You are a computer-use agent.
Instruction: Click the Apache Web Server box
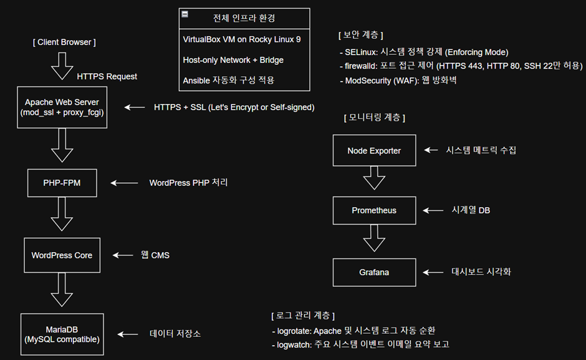tap(62, 107)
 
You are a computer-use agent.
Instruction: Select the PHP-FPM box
tap(62, 183)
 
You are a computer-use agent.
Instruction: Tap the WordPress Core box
tap(62, 255)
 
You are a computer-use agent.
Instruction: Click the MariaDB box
tap(62, 334)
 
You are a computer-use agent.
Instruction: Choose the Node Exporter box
tap(374, 150)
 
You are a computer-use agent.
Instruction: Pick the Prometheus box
tap(374, 210)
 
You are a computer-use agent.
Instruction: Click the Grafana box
tap(374, 273)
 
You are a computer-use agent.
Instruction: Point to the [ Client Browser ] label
tap(64, 42)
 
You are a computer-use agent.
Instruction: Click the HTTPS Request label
tap(107, 76)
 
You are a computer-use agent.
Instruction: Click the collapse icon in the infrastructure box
tap(185, 14)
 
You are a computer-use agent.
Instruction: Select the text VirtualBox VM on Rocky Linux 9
tap(242, 39)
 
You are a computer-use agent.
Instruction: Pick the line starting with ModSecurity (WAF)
tap(398, 80)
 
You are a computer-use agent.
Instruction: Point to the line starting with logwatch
tap(361, 344)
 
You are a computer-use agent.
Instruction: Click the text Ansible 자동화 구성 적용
tap(228, 80)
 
